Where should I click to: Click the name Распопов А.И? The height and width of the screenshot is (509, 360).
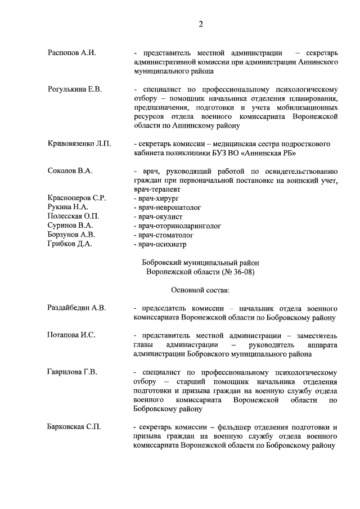point(71,53)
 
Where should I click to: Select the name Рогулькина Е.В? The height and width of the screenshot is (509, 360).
point(74,89)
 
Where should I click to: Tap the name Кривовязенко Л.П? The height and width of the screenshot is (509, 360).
point(79,143)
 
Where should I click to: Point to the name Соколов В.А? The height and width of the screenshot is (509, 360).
point(70,170)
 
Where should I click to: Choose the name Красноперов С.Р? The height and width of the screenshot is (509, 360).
point(76,198)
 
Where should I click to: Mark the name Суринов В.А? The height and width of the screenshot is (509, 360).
point(70,225)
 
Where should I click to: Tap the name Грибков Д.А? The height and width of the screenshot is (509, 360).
point(70,244)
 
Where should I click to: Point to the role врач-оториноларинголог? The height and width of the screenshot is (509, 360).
point(177,225)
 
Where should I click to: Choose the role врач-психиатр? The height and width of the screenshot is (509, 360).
point(160,244)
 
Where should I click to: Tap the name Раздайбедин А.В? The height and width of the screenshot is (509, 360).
point(76,308)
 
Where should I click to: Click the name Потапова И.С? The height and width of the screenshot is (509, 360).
point(71,335)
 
